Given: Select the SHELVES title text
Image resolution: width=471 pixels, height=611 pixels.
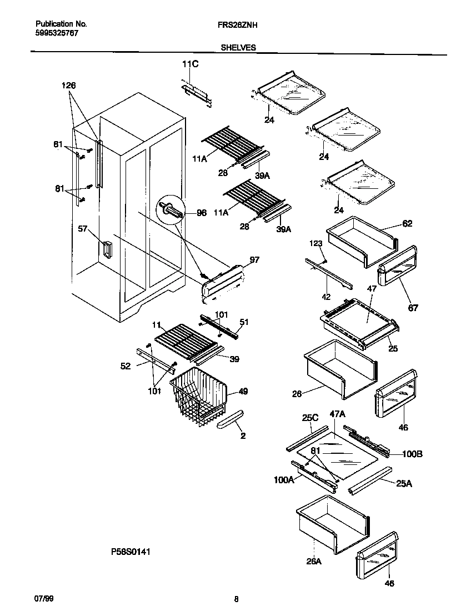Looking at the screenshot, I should (238, 48).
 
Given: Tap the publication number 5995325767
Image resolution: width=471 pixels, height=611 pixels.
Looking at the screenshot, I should (56, 33).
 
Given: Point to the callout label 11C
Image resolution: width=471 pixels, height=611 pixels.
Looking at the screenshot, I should (190, 64).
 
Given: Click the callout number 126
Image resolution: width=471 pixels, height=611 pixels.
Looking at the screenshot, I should (69, 86).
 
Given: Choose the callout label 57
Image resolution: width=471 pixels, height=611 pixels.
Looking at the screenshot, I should (83, 228).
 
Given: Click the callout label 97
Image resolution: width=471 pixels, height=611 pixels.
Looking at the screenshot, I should (254, 259).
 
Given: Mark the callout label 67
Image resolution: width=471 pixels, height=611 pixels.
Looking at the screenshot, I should (413, 308).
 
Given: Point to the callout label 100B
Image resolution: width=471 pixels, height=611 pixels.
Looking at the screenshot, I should (412, 454).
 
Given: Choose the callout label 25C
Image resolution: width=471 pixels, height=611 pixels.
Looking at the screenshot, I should (310, 417).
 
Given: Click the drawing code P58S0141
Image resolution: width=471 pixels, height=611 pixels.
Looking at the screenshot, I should (131, 552).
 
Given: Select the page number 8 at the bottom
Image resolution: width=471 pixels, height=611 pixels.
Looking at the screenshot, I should (236, 599).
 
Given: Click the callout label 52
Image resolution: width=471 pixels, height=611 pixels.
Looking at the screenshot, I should (126, 366).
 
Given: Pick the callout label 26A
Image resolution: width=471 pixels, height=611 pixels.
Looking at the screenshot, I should (314, 561).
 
